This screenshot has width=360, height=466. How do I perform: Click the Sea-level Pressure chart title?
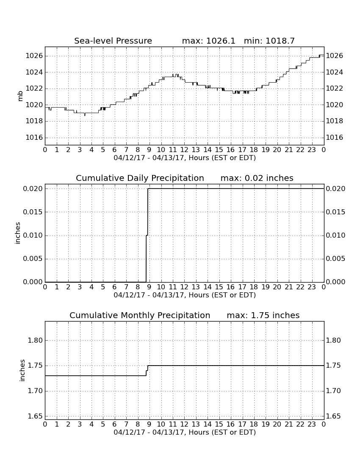113,41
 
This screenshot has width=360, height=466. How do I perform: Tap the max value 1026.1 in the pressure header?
221,41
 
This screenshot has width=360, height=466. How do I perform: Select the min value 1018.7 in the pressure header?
280,41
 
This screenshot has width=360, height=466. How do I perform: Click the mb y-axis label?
20,96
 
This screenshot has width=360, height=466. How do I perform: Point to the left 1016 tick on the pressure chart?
34,138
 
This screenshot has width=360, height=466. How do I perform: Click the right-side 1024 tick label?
335,72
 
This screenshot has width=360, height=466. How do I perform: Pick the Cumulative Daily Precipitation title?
140,178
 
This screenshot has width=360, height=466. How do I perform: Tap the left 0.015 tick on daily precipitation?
33,212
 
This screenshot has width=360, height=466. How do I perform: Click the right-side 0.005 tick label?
335,259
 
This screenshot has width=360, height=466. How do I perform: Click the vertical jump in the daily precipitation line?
147,236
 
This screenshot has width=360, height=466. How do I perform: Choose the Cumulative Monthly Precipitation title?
140,315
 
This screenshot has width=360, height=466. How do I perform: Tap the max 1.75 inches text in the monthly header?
263,315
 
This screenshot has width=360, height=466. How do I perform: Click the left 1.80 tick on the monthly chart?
35,341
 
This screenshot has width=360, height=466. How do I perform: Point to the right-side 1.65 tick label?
334,416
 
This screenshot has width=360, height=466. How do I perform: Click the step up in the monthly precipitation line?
147,371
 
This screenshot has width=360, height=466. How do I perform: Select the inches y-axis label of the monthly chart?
22,370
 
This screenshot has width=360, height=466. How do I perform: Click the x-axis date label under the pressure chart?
185,158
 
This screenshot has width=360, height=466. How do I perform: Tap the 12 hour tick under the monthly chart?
184,424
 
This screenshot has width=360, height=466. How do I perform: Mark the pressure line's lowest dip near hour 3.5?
85,115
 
